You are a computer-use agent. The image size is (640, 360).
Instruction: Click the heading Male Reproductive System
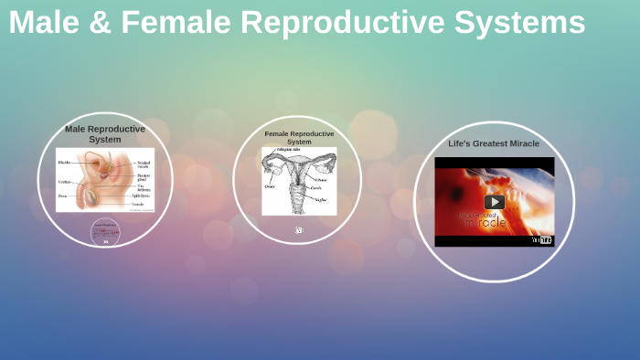tap(105, 134)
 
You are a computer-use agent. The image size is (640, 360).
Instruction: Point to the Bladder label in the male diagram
tap(64, 163)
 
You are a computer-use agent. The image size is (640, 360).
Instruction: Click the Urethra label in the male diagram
tap(64, 182)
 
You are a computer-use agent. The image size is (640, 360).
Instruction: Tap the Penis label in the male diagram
tap(62, 196)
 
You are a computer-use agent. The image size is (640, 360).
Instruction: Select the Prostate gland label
tap(144, 177)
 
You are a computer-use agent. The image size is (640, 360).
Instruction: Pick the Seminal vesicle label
tap(144, 164)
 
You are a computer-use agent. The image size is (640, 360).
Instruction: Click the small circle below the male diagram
tap(105, 232)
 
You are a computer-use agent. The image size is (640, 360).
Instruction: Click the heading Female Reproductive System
tap(299, 138)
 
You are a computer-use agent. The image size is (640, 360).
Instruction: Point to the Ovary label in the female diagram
tap(270, 185)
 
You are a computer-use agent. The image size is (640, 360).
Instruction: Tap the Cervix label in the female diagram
tap(315, 188)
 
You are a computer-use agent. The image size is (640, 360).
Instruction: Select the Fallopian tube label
tap(290, 150)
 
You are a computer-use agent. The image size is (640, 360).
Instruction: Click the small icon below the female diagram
tap(299, 230)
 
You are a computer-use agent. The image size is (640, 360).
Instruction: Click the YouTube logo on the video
tap(542, 240)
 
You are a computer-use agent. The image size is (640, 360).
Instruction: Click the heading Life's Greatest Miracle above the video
tap(494, 143)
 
